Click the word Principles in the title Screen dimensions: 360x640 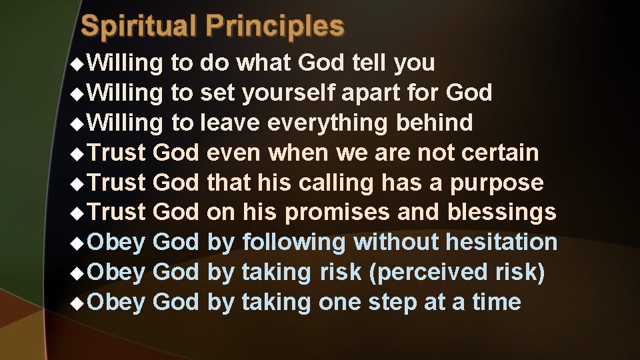tap(275, 26)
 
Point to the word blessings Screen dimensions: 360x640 tap(501, 213)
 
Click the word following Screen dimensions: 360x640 tap(294, 243)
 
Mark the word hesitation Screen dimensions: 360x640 tap(501, 243)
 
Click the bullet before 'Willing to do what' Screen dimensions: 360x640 tap(77, 63)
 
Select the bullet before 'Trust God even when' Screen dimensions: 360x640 tap(77, 153)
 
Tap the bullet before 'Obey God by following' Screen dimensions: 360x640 tap(77, 243)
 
